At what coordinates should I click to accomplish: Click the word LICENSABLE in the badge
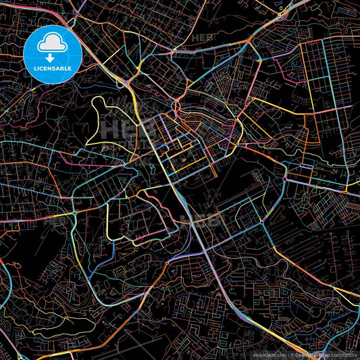click(x=52, y=68)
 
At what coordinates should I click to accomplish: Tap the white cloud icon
click(x=52, y=45)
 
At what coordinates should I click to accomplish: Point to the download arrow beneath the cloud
click(x=52, y=57)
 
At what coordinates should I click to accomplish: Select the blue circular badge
click(x=52, y=55)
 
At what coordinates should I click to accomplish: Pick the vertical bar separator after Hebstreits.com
click(x=287, y=355)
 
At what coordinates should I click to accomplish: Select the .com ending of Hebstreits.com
click(x=278, y=355)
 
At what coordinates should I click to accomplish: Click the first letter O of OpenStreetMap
click(x=298, y=355)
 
